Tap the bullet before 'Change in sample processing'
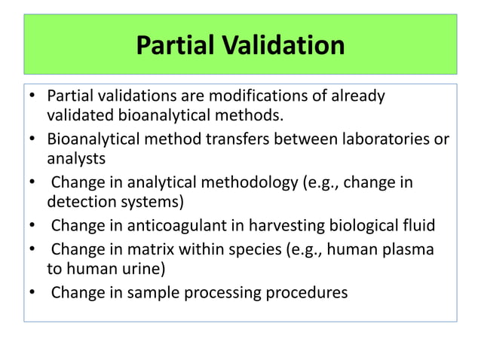tap(32, 293)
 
